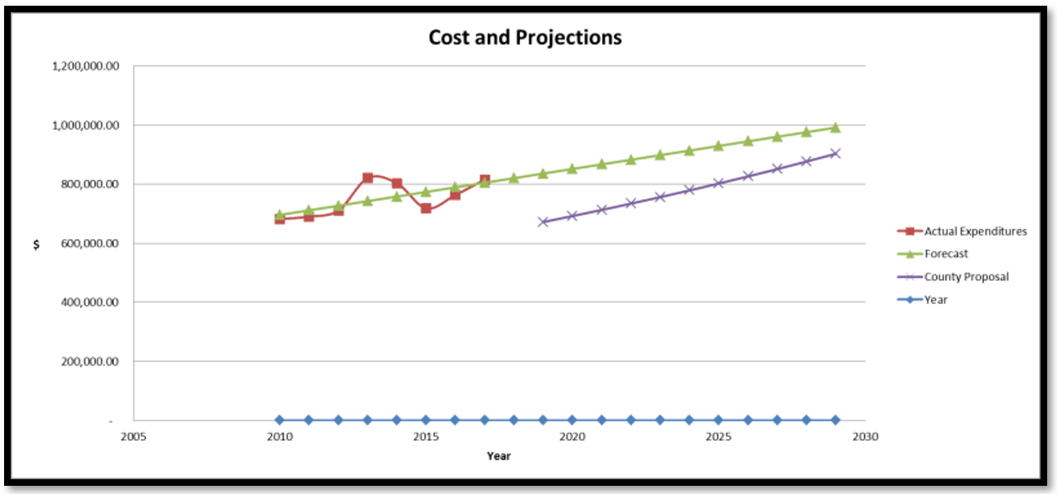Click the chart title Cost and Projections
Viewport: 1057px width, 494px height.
click(x=525, y=38)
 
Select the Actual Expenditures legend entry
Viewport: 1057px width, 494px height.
click(x=975, y=231)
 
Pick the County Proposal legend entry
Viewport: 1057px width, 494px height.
click(x=966, y=277)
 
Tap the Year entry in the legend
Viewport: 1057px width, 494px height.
click(x=936, y=300)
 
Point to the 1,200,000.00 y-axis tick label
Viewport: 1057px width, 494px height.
click(x=85, y=66)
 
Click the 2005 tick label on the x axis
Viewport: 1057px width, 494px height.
click(x=133, y=437)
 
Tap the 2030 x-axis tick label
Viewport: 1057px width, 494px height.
click(x=864, y=437)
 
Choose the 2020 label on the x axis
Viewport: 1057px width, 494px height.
click(x=572, y=437)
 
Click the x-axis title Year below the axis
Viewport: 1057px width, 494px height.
click(x=499, y=455)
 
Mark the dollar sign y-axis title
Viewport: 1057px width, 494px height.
click(x=36, y=245)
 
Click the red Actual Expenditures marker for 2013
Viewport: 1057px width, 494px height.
click(x=367, y=178)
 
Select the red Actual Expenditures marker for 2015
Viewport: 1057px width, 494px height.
click(x=426, y=208)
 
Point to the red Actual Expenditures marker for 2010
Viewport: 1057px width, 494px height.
click(x=280, y=219)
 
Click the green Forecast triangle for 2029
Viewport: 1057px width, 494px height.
click(x=835, y=127)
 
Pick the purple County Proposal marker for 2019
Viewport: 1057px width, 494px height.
click(x=543, y=222)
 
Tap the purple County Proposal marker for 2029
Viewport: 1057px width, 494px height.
click(x=835, y=153)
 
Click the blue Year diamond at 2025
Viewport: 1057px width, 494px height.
click(x=718, y=419)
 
